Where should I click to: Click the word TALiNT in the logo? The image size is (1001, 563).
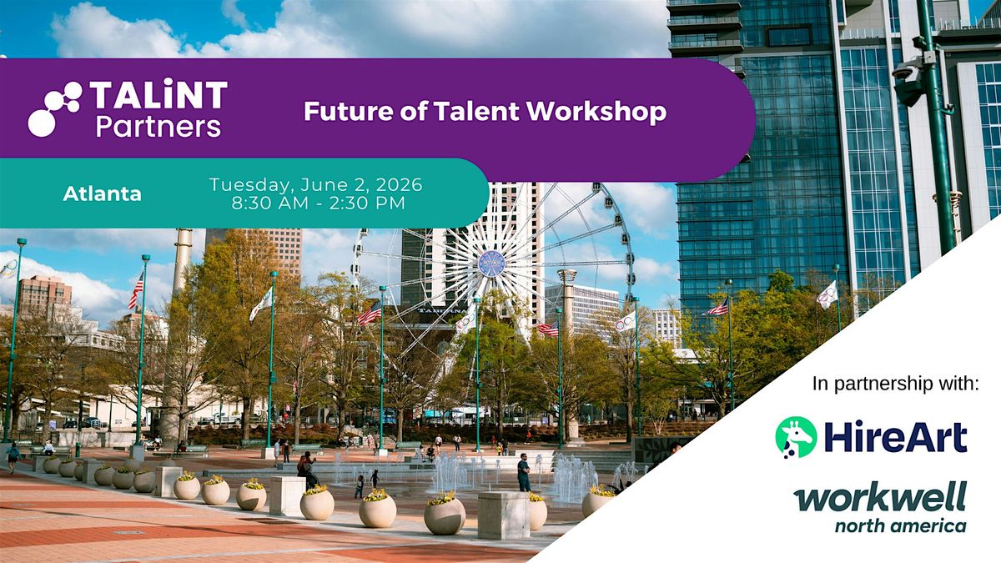point(158,94)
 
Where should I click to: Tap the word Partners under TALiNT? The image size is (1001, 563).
point(158,127)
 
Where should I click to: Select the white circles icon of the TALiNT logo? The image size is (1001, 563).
point(54,108)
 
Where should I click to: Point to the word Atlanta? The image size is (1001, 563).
point(103,194)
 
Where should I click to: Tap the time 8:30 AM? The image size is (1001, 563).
point(270,204)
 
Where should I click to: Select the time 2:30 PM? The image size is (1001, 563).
point(367,204)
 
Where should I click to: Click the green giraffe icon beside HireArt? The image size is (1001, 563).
point(796,437)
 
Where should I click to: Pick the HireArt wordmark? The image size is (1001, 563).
point(896,437)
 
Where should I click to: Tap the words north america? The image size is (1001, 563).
point(900,525)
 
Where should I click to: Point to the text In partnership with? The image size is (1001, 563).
point(896,384)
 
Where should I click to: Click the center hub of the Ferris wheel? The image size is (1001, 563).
point(491,264)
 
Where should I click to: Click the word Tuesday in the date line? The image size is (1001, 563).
point(252,185)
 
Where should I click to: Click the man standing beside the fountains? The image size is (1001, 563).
point(524,472)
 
